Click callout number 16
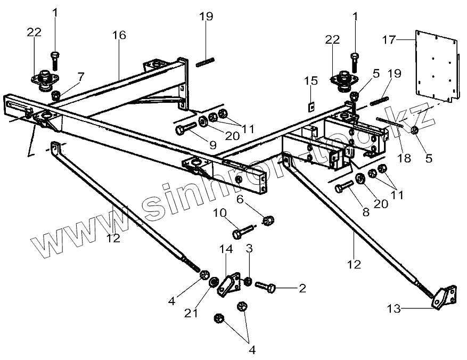click(119, 36)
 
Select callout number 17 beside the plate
click(389, 39)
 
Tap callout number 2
click(302, 289)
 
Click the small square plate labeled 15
click(312, 104)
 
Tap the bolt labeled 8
click(345, 187)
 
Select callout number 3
click(249, 249)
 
